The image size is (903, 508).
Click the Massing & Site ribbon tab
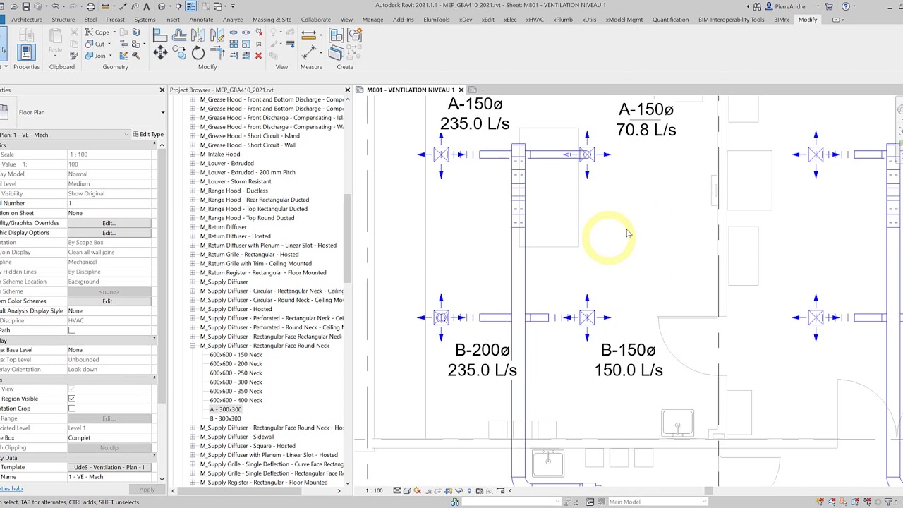(272, 20)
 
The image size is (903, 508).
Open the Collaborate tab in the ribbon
(315, 20)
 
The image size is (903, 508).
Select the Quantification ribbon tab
(670, 20)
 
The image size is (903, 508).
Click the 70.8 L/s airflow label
(646, 130)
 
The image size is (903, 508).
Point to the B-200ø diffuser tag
(482, 350)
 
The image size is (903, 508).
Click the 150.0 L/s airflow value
(628, 370)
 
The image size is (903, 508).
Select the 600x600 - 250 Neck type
(236, 373)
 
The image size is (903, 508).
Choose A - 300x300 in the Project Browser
(225, 409)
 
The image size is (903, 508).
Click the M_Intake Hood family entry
(219, 154)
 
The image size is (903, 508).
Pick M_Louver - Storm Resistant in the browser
(236, 181)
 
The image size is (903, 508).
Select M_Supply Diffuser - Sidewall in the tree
(236, 437)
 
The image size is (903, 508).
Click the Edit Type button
(147, 134)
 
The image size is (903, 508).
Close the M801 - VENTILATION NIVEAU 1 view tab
(461, 90)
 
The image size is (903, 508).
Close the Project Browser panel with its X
(347, 90)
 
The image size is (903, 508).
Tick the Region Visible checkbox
(72, 399)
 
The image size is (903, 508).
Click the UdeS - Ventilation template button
(109, 467)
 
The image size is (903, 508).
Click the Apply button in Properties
(147, 490)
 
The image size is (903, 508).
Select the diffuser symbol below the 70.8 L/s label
(586, 155)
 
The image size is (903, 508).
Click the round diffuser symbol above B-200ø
(441, 317)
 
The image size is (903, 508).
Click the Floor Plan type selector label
(32, 112)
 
